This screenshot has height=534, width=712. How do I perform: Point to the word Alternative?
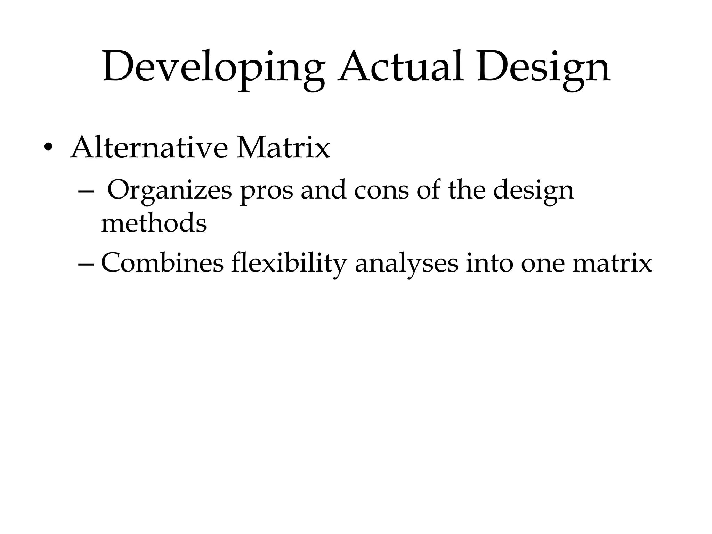149,147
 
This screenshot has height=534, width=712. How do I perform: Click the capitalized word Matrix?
283,147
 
